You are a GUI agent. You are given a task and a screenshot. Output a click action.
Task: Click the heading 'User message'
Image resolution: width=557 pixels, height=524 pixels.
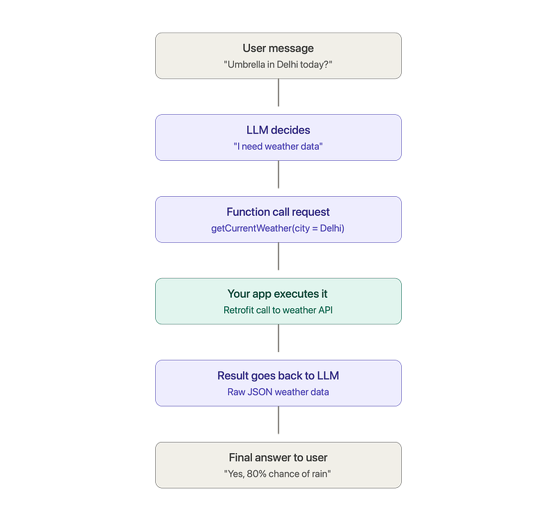tap(278, 48)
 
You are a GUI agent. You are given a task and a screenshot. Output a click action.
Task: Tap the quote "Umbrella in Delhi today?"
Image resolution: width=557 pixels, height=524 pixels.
tap(278, 65)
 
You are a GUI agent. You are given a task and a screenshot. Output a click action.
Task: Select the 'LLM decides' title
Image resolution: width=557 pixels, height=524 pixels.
tap(278, 130)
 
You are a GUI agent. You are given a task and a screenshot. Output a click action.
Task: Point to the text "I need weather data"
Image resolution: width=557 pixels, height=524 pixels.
tap(278, 146)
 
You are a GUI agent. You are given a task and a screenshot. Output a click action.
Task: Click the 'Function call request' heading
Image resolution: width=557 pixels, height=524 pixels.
tap(278, 212)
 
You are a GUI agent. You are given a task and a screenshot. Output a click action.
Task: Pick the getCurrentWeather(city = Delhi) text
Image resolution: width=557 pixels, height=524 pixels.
tap(278, 228)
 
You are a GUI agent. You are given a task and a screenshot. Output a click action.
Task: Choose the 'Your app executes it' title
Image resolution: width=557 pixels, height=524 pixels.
tap(277, 294)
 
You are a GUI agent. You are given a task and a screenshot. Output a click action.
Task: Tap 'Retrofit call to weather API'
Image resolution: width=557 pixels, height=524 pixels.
tap(278, 310)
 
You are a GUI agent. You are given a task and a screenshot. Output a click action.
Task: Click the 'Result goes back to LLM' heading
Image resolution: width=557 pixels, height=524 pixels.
tap(278, 376)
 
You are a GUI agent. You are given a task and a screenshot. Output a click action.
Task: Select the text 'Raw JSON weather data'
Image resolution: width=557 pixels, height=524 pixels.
tap(278, 392)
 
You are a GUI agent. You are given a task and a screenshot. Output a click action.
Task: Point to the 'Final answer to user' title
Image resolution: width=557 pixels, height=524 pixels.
tap(278, 458)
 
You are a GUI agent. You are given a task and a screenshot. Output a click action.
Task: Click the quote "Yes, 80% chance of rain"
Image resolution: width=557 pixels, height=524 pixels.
tap(277, 474)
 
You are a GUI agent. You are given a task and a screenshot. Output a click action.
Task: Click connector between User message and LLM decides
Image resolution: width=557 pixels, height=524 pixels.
tap(278, 93)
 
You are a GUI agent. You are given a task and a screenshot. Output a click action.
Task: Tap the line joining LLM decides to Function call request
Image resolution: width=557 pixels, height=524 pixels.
tap(278, 174)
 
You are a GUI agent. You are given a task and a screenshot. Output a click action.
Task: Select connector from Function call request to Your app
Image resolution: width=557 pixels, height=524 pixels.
tap(278, 256)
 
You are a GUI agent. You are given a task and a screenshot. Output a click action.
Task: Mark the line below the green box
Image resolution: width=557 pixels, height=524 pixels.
tap(278, 338)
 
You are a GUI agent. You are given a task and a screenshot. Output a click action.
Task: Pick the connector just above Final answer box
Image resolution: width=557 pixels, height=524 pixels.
tap(278, 420)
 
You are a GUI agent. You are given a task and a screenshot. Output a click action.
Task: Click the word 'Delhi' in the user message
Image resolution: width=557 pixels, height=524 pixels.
tap(287, 65)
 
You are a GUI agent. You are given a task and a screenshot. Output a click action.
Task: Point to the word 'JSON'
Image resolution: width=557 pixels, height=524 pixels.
tap(260, 392)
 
